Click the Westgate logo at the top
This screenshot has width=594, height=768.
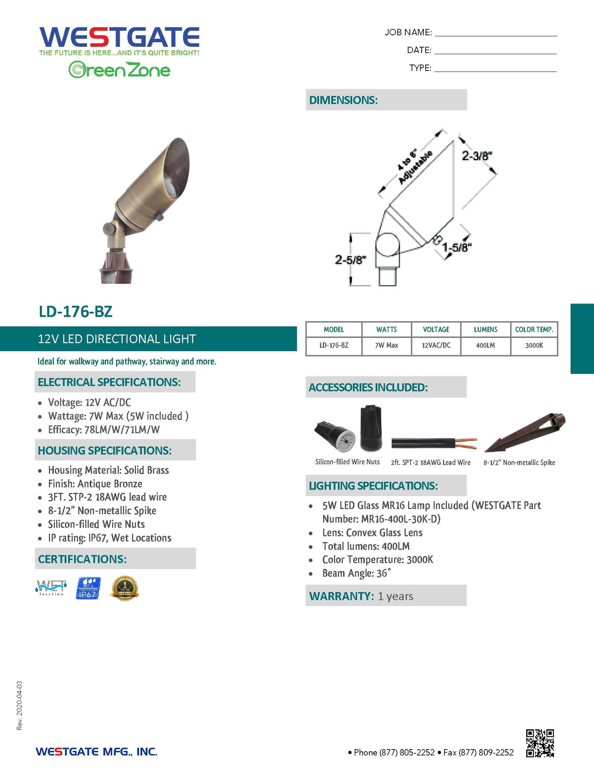tap(119, 38)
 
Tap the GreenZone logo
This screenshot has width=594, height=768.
tap(119, 70)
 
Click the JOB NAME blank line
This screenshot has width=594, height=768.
tap(496, 33)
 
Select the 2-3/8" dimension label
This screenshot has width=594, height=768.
tap(477, 156)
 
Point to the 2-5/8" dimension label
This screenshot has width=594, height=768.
tap(350, 260)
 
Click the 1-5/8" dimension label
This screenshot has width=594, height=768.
tap(457, 248)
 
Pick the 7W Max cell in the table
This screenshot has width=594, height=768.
tap(386, 345)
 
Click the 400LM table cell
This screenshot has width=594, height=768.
tap(485, 345)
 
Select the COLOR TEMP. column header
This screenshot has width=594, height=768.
tap(534, 329)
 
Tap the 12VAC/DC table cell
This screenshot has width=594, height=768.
tap(436, 345)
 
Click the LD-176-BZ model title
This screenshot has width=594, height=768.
tap(76, 312)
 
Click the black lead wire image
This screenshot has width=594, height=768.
tap(434, 444)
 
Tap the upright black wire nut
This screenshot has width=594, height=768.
tap(371, 428)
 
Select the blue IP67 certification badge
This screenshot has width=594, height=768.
tap(88, 588)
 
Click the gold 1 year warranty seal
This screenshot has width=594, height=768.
tap(125, 588)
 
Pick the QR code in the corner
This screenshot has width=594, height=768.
tap(540, 743)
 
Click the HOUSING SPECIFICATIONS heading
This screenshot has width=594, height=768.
tap(105, 451)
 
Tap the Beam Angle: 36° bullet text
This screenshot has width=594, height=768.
tap(356, 573)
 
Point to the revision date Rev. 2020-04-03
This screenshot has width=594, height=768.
tap(20, 705)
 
